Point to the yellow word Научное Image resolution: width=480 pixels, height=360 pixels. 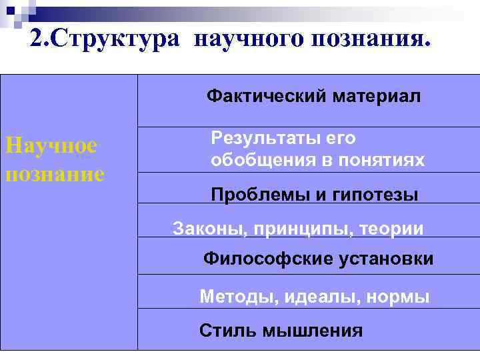click(51, 145)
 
